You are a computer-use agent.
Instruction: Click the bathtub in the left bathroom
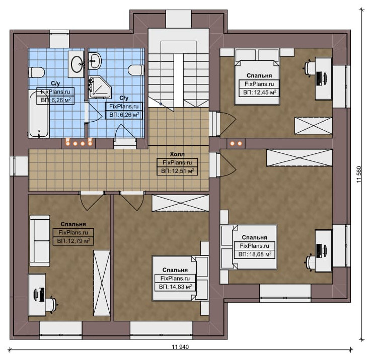39,114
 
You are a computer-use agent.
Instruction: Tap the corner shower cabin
100,87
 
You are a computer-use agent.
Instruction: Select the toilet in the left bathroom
37,72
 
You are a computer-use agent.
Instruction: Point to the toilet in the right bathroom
136,70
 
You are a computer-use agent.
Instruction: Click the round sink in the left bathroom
77,64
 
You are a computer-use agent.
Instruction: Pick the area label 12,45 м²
260,92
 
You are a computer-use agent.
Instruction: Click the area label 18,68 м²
255,254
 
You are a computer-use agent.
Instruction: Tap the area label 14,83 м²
175,287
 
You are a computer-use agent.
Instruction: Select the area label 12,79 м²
73,241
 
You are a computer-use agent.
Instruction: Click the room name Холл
177,154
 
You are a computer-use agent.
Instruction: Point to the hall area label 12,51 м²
178,171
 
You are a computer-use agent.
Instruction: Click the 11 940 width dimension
180,347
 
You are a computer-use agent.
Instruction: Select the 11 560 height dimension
359,174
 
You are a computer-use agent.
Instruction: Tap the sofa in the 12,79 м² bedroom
40,241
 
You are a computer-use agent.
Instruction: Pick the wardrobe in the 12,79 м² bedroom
102,283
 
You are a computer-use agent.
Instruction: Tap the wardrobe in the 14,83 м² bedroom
180,203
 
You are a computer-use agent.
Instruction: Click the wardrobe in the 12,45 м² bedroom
313,126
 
